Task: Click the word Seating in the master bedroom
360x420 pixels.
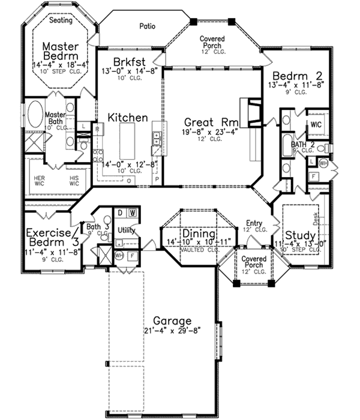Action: click(60, 20)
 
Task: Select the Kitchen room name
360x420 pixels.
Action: click(128, 118)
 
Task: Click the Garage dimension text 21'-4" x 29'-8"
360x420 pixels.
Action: click(163, 331)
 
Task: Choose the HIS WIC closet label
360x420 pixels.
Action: click(74, 181)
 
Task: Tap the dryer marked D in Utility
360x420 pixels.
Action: click(120, 212)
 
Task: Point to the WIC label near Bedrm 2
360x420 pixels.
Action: click(316, 125)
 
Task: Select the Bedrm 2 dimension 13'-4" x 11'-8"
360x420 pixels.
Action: click(298, 86)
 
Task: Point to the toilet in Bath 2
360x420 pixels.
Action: click(321, 148)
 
